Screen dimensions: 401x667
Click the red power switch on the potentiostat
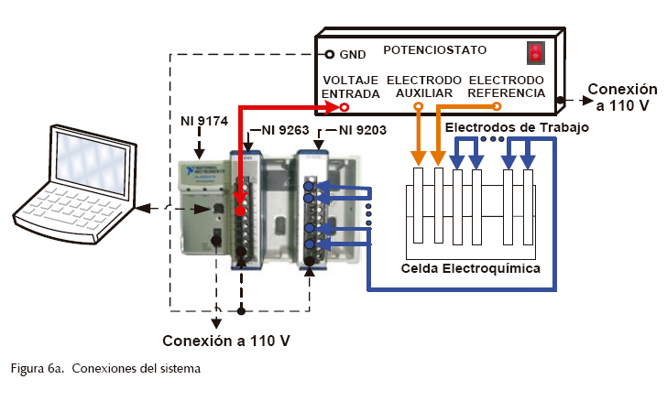pos(535,53)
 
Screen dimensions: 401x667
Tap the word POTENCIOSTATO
pos(435,50)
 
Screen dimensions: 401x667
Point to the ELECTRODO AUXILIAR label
pos(424,87)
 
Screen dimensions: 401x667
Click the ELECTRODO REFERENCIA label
pos(506,87)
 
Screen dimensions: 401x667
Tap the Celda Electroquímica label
pos(470,269)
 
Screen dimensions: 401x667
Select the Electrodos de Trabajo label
pos(516,127)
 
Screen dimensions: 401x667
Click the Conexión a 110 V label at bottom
pos(226,341)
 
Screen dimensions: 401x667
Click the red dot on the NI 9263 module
pos(240,211)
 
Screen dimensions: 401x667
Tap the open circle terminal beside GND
pos(330,54)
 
